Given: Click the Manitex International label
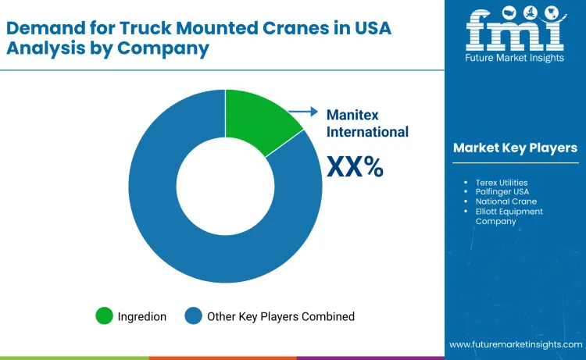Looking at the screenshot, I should tap(367, 122).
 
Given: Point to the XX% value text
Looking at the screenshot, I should tap(355, 166).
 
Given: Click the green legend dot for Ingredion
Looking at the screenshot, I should tap(104, 316).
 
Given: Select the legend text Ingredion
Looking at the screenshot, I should tap(141, 316).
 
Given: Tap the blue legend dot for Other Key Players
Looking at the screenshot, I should tap(193, 316).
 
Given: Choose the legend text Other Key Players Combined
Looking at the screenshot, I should tap(280, 316).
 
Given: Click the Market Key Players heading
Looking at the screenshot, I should tap(515, 148).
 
